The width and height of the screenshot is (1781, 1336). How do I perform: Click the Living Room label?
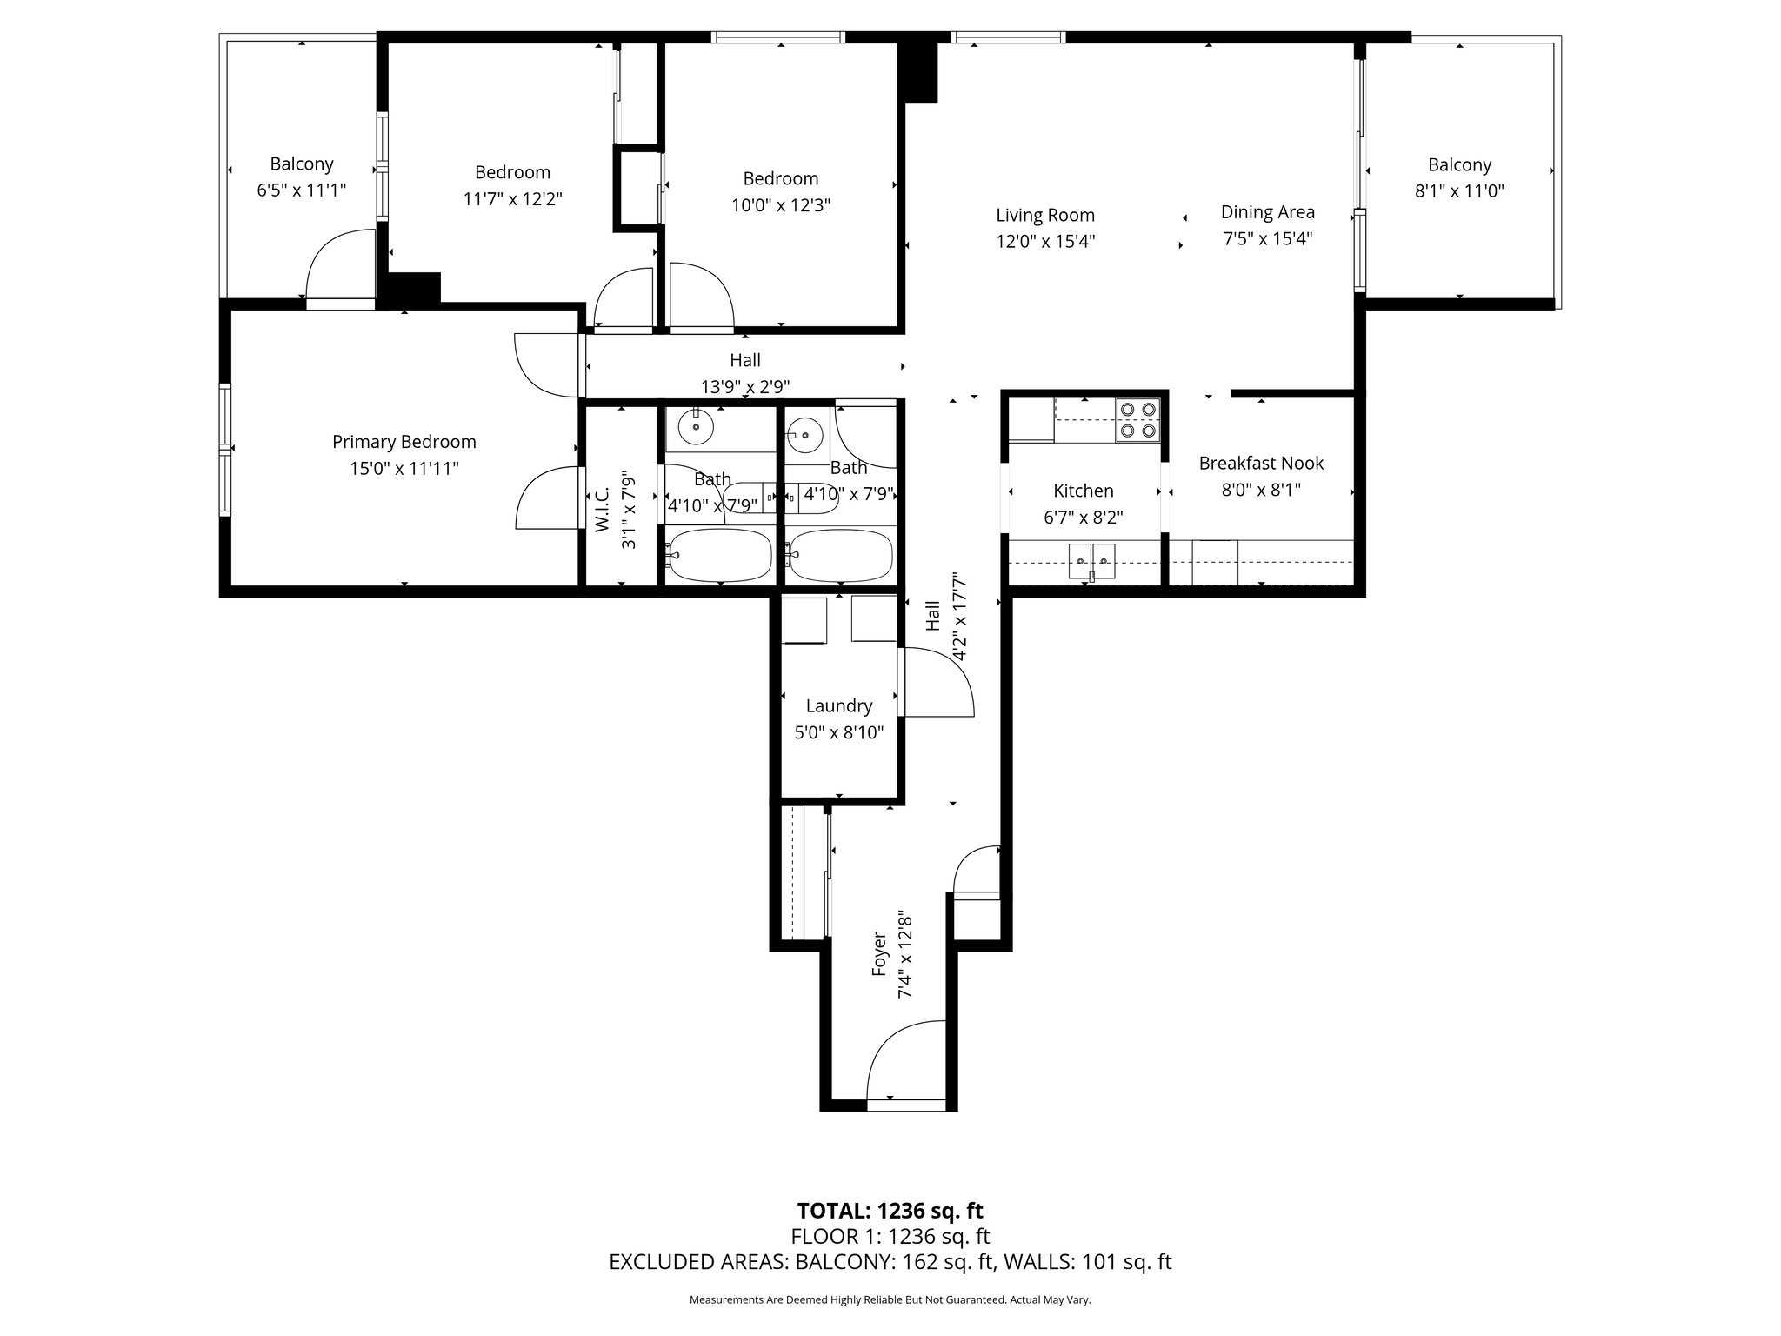point(1045,215)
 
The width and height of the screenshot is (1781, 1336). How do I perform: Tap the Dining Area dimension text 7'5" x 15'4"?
point(1267,238)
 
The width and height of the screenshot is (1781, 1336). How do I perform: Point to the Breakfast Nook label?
point(1261,463)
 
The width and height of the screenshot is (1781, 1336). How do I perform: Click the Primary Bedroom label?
point(404,442)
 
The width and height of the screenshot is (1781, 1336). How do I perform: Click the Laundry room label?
point(839,705)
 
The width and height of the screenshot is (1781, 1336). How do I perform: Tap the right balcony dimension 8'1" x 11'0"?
point(1460,190)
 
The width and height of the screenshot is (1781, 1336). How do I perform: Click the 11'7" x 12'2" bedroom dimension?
point(513,199)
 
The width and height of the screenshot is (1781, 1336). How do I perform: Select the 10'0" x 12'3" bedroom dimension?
point(781,205)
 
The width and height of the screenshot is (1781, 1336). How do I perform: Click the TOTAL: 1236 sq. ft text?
point(890,1211)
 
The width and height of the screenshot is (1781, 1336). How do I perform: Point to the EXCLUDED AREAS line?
point(890,1262)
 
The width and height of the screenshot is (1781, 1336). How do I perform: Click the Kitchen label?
point(1084,491)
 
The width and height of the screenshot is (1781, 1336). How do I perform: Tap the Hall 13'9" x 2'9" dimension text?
point(746,386)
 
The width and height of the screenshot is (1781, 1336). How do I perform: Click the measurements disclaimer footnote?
point(890,1300)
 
